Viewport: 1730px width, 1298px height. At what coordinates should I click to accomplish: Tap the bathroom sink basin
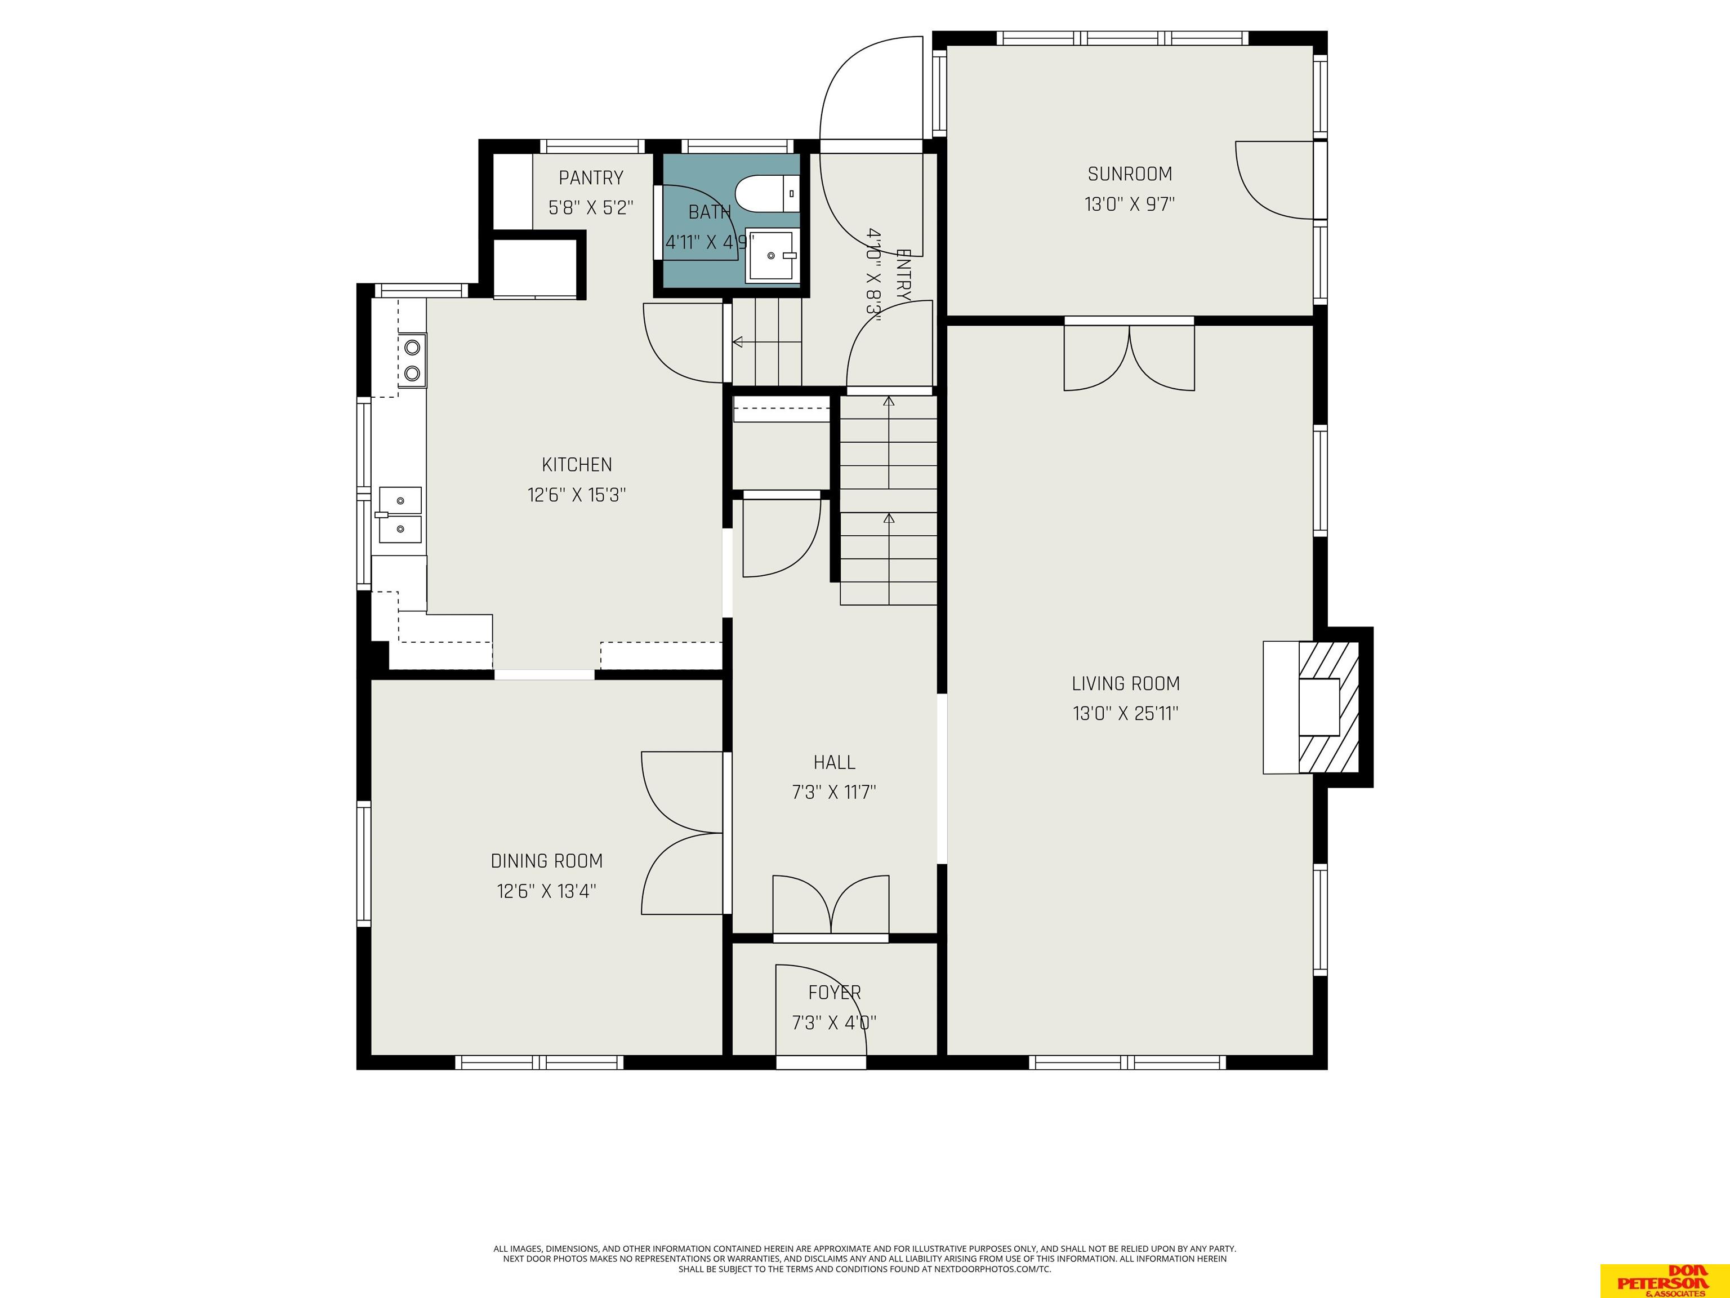click(772, 255)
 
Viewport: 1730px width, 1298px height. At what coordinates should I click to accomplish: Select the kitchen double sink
click(400, 515)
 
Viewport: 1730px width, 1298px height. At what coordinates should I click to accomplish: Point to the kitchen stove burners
click(412, 361)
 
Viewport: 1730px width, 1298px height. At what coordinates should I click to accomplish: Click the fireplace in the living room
click(1318, 707)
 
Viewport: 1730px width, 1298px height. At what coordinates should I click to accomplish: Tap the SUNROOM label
click(1129, 174)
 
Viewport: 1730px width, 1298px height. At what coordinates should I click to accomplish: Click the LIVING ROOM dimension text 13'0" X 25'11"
click(1125, 714)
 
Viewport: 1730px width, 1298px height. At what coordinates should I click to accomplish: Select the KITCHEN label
click(577, 465)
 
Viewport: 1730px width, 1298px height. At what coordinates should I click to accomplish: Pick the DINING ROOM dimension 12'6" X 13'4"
click(547, 891)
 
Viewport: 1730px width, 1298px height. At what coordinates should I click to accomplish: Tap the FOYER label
click(835, 992)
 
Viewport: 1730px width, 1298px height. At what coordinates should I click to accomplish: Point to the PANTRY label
click(591, 177)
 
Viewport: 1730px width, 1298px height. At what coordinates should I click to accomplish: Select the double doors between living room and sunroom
click(1129, 356)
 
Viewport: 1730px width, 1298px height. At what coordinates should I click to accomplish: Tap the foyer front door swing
click(821, 1012)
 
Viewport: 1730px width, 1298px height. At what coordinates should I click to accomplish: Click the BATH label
click(710, 212)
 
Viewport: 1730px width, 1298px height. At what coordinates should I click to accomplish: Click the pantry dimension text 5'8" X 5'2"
click(591, 208)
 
